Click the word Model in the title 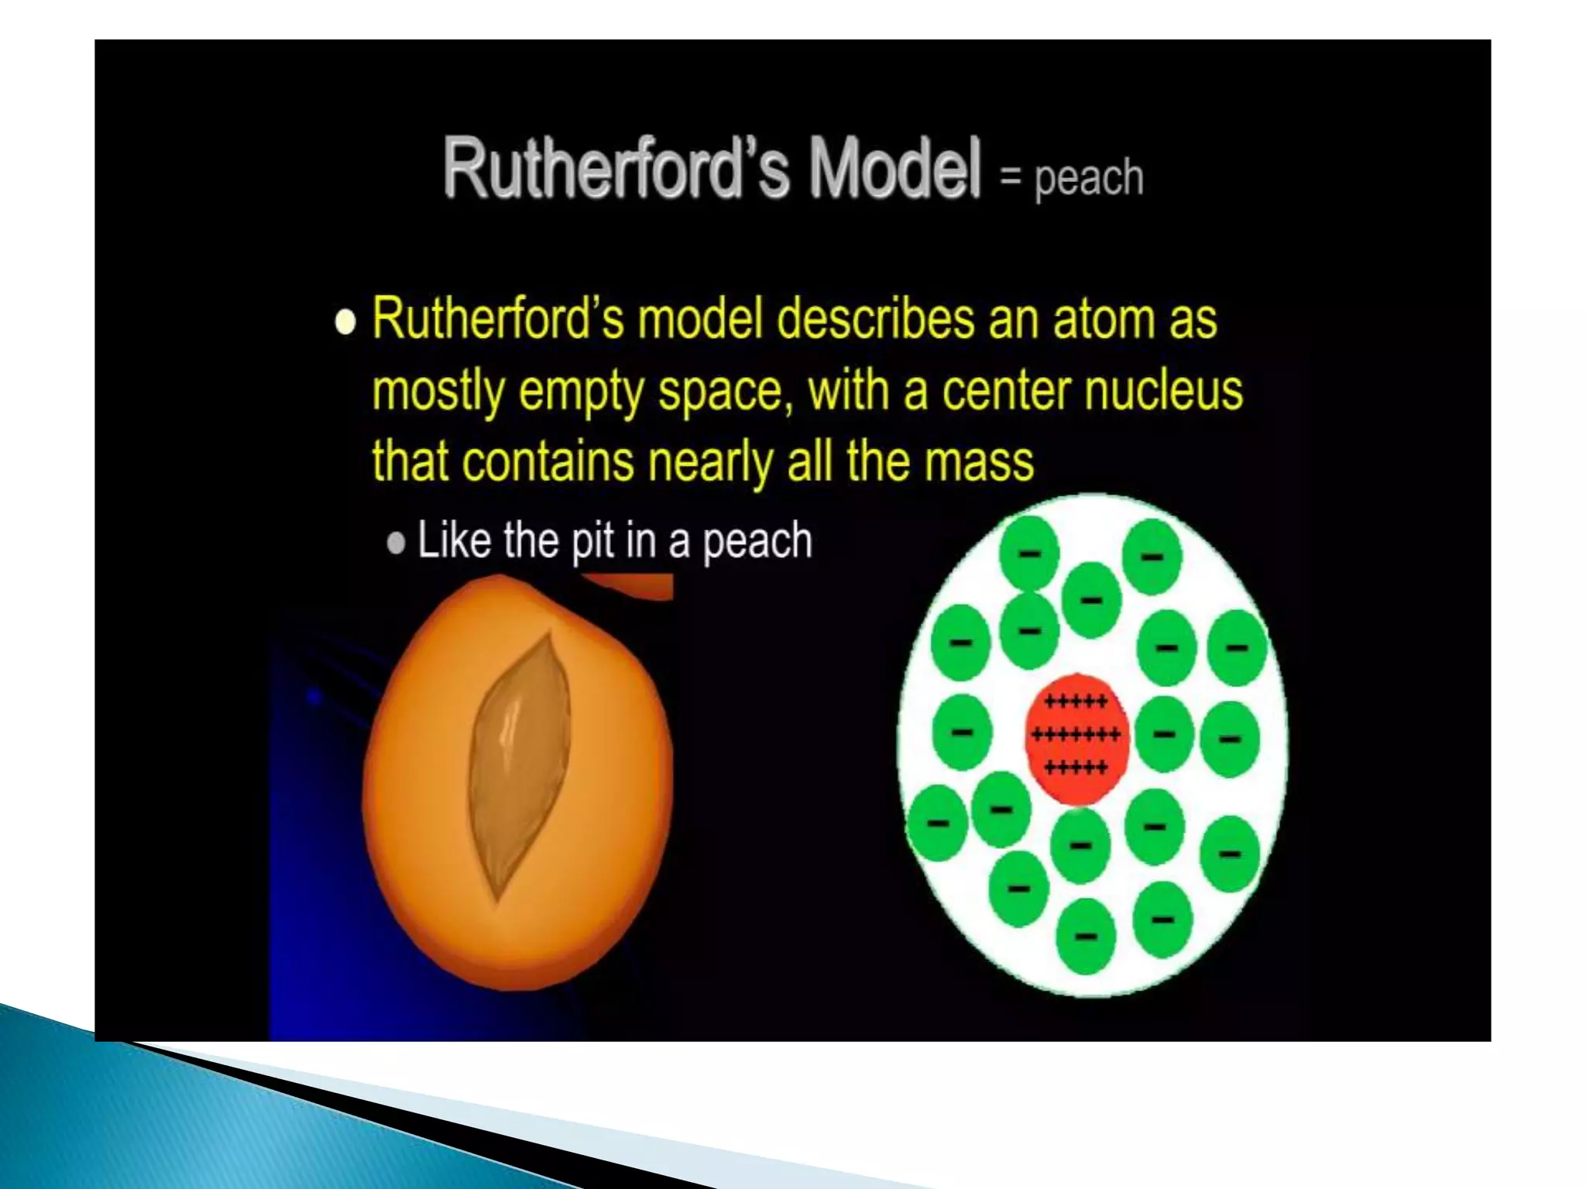(895, 169)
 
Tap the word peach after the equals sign (1089, 178)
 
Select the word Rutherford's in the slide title (616, 169)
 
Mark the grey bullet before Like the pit (396, 543)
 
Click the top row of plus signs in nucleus (1076, 702)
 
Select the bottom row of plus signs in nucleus (1076, 768)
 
